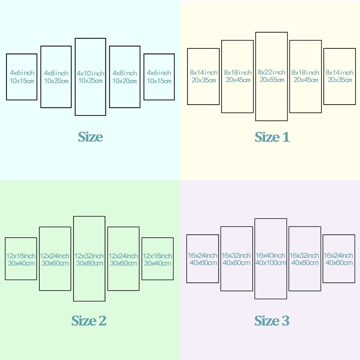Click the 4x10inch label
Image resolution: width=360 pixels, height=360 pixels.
click(x=90, y=73)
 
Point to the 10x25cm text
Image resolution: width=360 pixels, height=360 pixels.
click(x=90, y=81)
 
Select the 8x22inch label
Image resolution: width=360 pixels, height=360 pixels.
click(x=271, y=72)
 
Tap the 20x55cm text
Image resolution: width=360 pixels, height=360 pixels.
click(x=272, y=79)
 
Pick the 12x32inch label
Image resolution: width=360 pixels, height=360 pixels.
click(x=89, y=256)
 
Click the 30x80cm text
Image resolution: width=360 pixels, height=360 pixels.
click(x=90, y=263)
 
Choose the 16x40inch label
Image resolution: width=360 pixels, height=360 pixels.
click(x=270, y=255)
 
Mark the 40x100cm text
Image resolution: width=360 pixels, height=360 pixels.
click(x=271, y=262)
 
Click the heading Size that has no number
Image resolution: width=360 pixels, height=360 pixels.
click(x=90, y=137)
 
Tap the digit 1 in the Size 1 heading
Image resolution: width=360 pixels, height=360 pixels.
click(x=286, y=137)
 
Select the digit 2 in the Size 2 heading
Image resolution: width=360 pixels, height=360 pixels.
click(x=102, y=321)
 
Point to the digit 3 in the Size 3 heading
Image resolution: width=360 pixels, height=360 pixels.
click(x=286, y=321)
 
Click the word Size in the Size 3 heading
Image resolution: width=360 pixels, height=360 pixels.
click(x=267, y=321)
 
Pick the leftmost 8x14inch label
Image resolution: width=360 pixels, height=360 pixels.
click(x=204, y=72)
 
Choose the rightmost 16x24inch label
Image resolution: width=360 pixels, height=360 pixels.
click(x=338, y=255)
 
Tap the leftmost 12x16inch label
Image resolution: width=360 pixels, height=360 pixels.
click(x=21, y=256)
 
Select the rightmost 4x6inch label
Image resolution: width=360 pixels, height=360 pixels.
click(x=159, y=73)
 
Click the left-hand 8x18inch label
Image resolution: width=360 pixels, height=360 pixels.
click(x=238, y=72)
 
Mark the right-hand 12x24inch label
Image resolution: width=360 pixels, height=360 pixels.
click(x=123, y=256)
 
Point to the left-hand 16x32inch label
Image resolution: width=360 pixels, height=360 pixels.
click(x=236, y=255)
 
